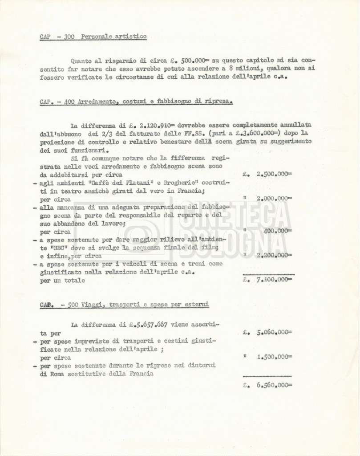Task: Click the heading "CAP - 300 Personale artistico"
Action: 93,37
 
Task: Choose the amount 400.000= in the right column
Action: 277,231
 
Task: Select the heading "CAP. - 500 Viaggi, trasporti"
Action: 124,305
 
